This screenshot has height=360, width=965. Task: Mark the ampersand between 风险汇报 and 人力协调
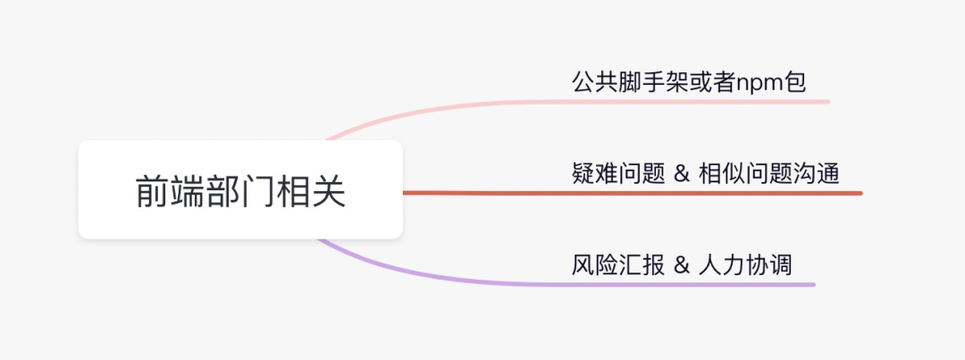click(x=682, y=265)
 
